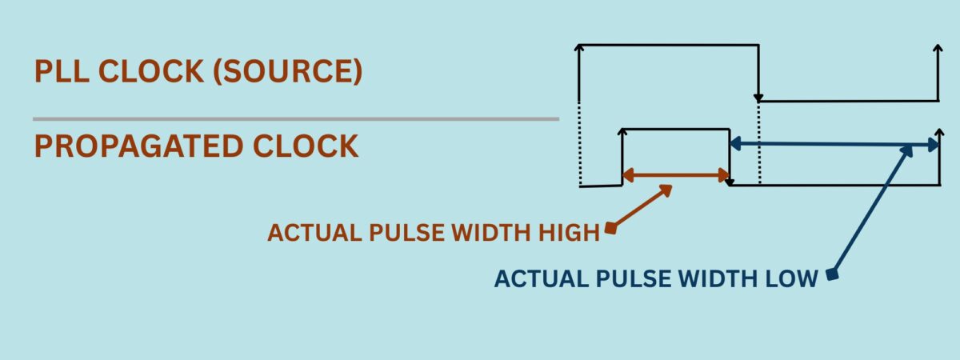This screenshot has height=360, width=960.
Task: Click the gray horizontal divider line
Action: pos(296,119)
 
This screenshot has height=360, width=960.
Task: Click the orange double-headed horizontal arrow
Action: pos(676,174)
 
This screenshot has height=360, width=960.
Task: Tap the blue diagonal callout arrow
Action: pos(872,210)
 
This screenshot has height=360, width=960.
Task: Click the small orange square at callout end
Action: pos(610,230)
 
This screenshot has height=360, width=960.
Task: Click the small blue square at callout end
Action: pos(833,275)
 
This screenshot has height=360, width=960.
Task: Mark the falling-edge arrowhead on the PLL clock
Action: pos(758,98)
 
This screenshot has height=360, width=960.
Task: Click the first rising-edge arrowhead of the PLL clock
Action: pos(578,50)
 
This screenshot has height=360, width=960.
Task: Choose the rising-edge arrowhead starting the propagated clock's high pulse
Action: pos(622,133)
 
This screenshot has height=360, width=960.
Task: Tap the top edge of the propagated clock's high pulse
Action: pos(676,129)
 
